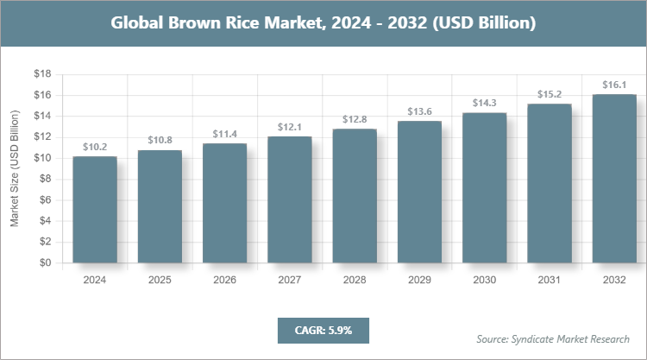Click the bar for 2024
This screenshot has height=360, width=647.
(x=95, y=210)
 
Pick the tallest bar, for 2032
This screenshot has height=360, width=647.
(x=614, y=179)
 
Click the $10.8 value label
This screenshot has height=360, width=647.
(x=160, y=140)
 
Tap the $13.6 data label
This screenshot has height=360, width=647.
(x=419, y=111)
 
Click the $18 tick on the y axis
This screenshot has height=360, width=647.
(x=41, y=74)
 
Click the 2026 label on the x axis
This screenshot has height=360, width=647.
(x=224, y=280)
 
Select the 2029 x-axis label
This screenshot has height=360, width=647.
(x=419, y=280)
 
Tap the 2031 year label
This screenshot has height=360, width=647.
(x=550, y=280)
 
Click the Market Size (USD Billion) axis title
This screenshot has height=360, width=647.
(x=15, y=169)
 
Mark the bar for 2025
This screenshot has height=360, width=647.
(x=160, y=207)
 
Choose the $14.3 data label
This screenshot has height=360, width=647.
(x=484, y=103)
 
